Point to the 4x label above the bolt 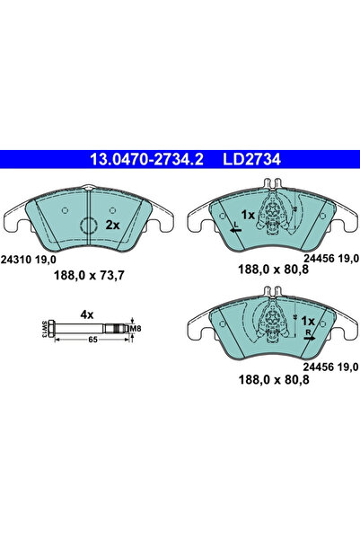(x=87, y=314)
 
